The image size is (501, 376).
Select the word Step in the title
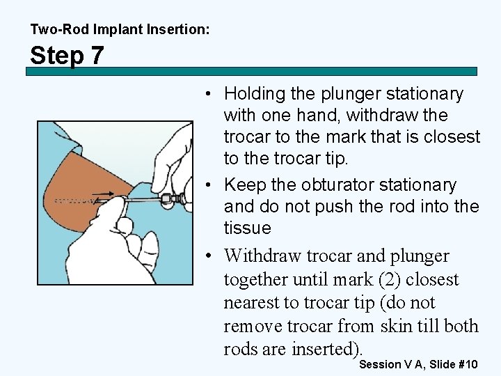[x=57, y=55]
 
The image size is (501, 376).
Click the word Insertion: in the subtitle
[x=178, y=29]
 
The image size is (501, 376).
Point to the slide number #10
[x=468, y=364]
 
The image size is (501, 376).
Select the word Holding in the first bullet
[x=255, y=95]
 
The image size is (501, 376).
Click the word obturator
[x=337, y=185]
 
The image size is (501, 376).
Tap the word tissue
[x=247, y=228]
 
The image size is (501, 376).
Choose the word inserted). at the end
[x=327, y=349]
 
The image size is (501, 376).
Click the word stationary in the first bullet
[x=424, y=95]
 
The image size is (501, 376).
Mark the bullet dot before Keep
[x=208, y=185]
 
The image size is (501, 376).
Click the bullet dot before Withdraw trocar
[x=208, y=256]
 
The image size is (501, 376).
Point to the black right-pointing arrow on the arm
[x=102, y=194]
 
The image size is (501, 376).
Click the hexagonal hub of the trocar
[x=166, y=198]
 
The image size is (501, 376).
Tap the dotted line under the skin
[x=74, y=201]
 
